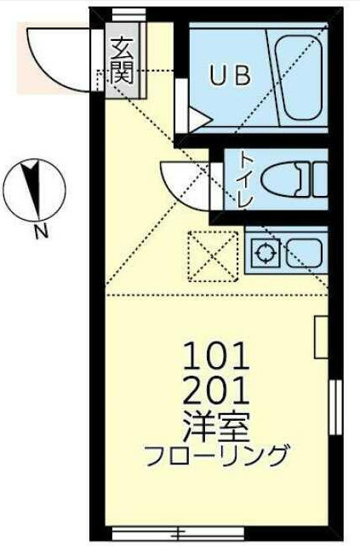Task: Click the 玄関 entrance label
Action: (x=122, y=61)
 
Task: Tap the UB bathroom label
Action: (x=230, y=76)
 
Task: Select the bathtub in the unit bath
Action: (x=298, y=78)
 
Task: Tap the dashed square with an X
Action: (x=214, y=256)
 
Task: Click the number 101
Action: (x=216, y=356)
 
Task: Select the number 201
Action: (x=216, y=391)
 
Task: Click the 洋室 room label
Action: (x=216, y=427)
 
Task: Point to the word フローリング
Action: (x=217, y=456)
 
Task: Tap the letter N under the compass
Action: (x=42, y=232)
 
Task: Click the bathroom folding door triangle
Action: (x=200, y=120)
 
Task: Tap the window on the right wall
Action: (x=335, y=407)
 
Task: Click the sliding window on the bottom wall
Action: (x=179, y=533)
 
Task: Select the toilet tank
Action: (x=320, y=180)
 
